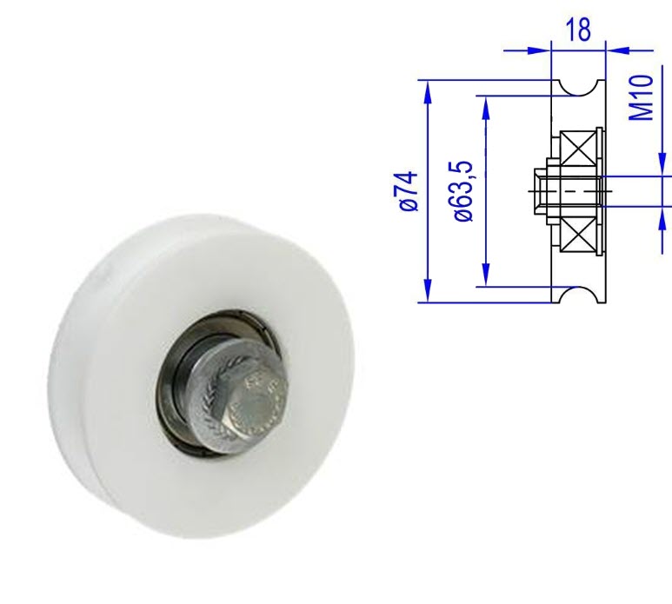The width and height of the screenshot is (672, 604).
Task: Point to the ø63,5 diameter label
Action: point(464,191)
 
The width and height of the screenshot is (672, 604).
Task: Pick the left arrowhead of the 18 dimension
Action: point(541,49)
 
